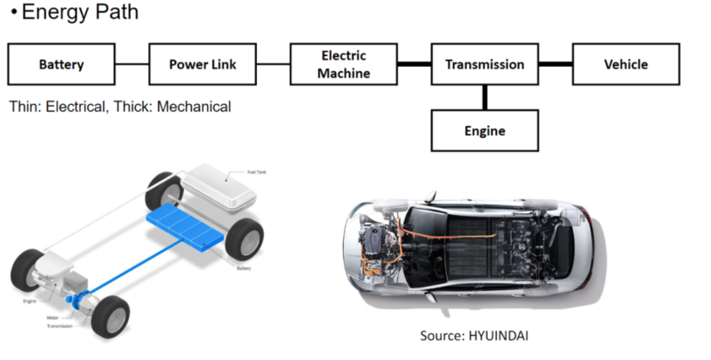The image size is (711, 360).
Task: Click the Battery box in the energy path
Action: (61, 65)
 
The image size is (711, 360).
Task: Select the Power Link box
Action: (203, 65)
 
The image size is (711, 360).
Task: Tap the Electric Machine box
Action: (344, 65)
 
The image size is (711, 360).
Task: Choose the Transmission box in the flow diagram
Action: (484, 65)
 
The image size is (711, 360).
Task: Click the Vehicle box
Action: (626, 65)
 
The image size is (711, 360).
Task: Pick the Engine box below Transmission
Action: (484, 131)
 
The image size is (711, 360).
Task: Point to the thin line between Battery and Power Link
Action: (132, 65)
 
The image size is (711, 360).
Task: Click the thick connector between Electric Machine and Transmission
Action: (414, 65)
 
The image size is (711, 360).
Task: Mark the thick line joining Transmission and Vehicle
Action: (555, 65)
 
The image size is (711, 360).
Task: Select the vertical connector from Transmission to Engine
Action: (484, 98)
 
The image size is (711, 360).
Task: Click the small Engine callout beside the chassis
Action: (28, 300)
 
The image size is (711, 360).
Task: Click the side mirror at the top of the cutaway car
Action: (429, 196)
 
